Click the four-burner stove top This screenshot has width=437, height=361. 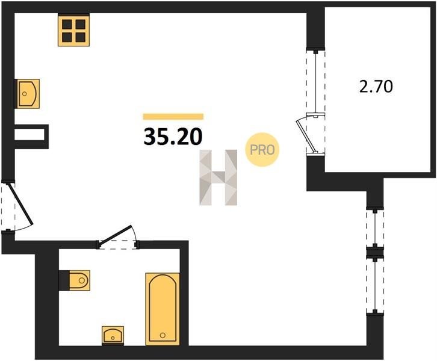point(74,31)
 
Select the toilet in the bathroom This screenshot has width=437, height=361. point(79,280)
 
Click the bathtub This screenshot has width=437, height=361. point(163,309)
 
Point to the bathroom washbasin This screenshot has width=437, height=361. point(113,335)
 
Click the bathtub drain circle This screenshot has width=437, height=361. point(163,335)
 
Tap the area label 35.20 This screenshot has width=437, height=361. point(173,137)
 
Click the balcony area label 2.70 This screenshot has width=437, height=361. point(376,87)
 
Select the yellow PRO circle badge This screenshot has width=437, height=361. point(262,150)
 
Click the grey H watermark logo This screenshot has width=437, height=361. point(218,177)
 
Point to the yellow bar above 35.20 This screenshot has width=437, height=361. point(173,117)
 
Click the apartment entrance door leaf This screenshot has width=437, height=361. point(22,203)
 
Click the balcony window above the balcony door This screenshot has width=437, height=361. point(316,83)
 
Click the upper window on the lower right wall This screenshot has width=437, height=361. point(375,228)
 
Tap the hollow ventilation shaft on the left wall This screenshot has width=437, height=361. point(31,137)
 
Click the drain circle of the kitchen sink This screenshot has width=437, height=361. point(25,94)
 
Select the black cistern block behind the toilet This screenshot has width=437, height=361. point(64,280)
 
